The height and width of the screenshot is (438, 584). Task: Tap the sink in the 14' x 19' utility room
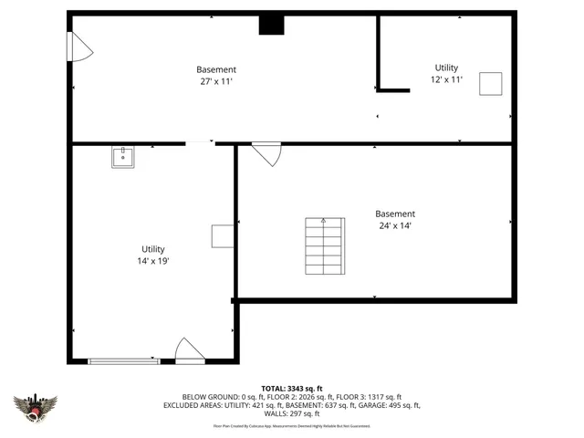click(123, 157)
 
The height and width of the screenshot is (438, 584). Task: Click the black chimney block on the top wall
click(271, 25)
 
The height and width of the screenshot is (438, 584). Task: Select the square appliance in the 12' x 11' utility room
click(492, 83)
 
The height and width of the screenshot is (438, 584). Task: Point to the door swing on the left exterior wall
click(80, 47)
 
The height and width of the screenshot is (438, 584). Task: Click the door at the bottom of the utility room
click(189, 351)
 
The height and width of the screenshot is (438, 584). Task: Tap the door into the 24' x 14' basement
click(266, 153)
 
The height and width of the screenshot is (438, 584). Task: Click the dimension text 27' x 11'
click(216, 81)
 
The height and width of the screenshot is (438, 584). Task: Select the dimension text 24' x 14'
click(394, 225)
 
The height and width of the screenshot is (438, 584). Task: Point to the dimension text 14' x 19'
click(152, 261)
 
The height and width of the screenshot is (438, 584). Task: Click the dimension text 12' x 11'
click(446, 79)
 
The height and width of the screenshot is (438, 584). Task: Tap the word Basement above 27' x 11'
click(216, 69)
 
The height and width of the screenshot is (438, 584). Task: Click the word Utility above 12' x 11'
click(446, 68)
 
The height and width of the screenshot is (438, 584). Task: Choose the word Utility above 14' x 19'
click(152, 249)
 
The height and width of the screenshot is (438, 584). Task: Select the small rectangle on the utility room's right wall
click(223, 236)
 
